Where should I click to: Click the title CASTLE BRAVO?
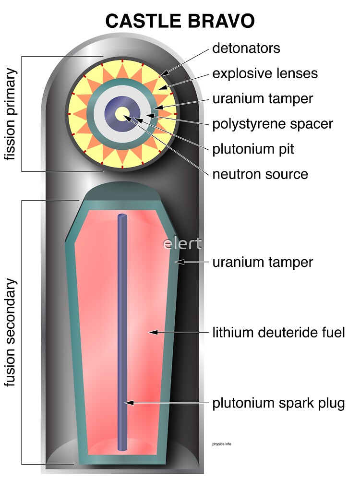coord(180,21)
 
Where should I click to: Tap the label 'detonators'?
coord(246,48)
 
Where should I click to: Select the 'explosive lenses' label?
coord(265,73)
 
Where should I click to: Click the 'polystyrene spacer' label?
coord(273,123)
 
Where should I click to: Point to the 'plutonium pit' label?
coord(253,149)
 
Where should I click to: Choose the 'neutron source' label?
coord(260,174)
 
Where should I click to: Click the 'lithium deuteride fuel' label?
coord(278,332)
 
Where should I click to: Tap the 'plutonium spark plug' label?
coord(278,403)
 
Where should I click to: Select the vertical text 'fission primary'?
coord(11,114)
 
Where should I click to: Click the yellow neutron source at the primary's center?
coord(122,114)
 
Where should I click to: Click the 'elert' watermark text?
coord(182,243)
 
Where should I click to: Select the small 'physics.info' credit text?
coord(221,444)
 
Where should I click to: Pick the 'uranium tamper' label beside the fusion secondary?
coord(263,262)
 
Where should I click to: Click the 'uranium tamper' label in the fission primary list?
coord(263,98)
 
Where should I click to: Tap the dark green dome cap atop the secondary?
coord(122,191)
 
